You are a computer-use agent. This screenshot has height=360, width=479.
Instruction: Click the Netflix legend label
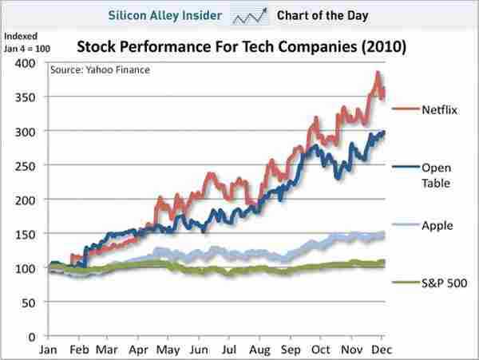[439, 110]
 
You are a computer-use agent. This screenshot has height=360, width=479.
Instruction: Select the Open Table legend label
[436, 176]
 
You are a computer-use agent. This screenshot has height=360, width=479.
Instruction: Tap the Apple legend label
[437, 226]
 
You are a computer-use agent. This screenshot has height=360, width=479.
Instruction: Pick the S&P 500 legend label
[444, 283]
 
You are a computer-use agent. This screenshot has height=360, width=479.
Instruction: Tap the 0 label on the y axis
[33, 337]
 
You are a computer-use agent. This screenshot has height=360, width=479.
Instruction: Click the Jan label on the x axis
[49, 350]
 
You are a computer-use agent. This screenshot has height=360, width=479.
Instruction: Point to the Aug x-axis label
[259, 350]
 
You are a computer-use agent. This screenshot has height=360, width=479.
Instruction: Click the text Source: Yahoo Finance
[99, 69]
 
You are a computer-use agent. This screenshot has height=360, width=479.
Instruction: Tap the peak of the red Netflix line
[377, 73]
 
